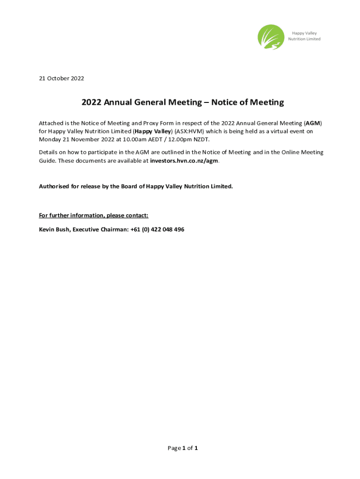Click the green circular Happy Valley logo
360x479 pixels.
(x=271, y=36)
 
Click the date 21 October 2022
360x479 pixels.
(x=61, y=79)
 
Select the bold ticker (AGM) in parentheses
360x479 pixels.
(x=313, y=123)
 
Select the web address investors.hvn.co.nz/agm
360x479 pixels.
(x=184, y=160)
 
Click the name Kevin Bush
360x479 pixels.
(x=54, y=229)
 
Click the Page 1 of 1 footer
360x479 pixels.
(x=182, y=448)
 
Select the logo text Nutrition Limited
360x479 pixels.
(x=304, y=39)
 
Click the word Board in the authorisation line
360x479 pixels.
(x=130, y=186)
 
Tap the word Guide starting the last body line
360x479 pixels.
(x=47, y=160)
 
